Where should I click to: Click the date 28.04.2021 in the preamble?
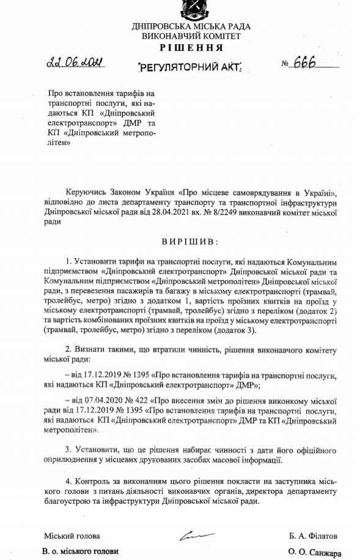177,215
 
